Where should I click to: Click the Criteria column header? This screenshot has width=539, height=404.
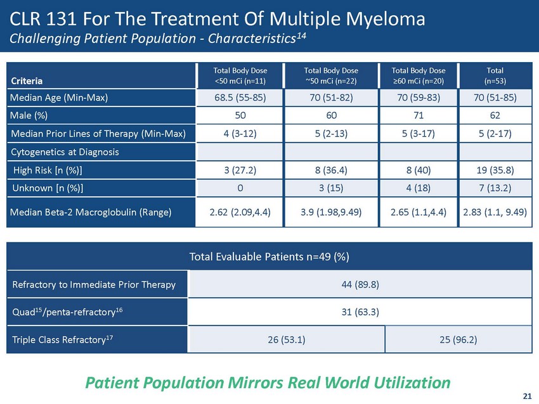click(26, 81)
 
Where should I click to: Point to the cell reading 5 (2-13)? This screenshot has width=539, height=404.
click(327, 134)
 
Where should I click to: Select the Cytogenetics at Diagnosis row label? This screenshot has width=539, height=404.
click(58, 152)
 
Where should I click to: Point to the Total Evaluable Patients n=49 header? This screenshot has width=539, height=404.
click(269, 256)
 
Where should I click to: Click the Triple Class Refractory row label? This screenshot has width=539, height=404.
click(62, 339)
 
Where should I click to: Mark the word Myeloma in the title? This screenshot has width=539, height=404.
click(384, 20)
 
